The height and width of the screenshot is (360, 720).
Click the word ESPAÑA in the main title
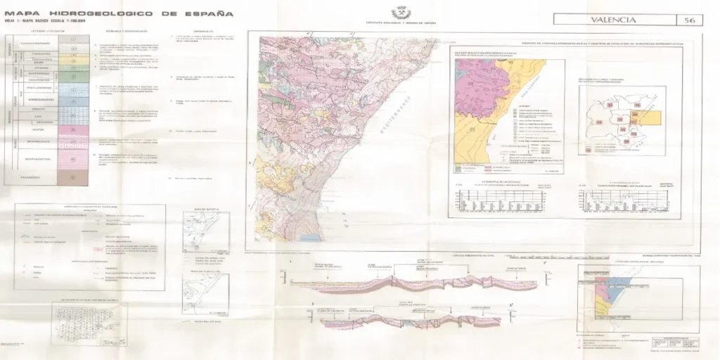tap(211, 13)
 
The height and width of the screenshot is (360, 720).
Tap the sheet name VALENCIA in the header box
tap(613, 20)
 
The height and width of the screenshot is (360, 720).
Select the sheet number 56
tap(690, 20)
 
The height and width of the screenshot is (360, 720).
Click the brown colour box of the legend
tap(73, 179)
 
